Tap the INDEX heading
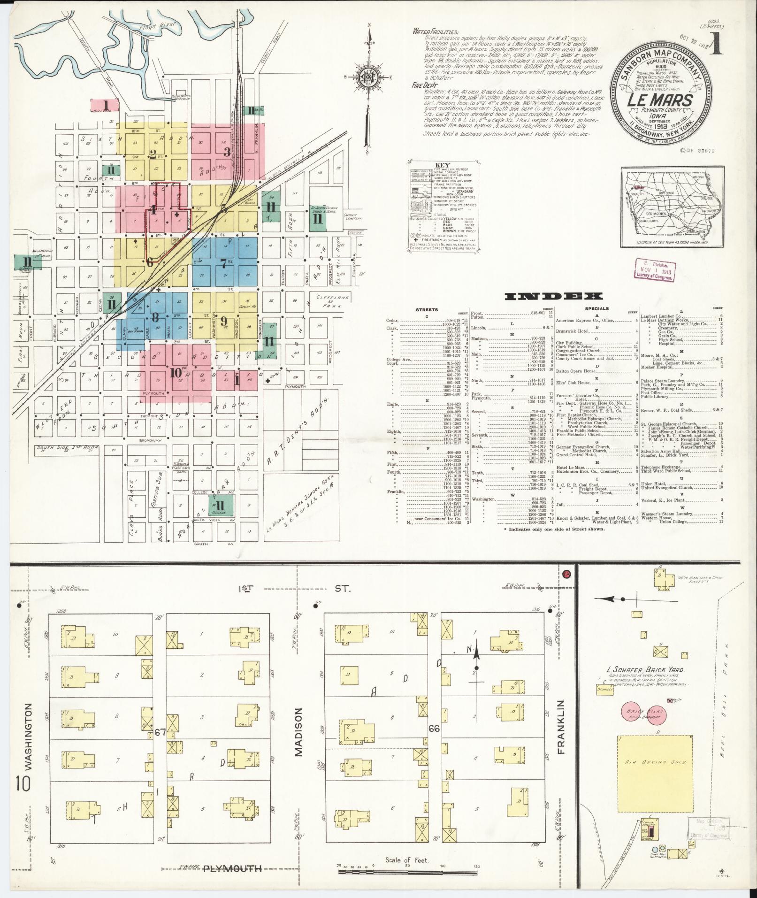coord(553,296)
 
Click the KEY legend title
coord(443,166)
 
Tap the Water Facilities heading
coord(435,31)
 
